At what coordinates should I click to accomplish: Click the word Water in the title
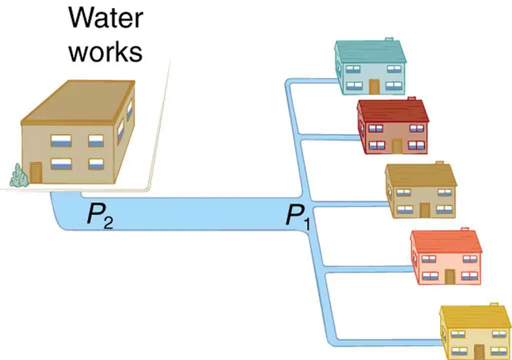[x=105, y=19]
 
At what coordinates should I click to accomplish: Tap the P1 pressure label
[x=298, y=216]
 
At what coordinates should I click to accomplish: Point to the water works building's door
[x=36, y=173]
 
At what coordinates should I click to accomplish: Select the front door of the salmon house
[x=449, y=277]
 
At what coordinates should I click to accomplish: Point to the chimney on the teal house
[x=389, y=40]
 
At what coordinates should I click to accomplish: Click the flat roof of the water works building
[x=79, y=102]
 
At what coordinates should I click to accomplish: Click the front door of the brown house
[x=424, y=210]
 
